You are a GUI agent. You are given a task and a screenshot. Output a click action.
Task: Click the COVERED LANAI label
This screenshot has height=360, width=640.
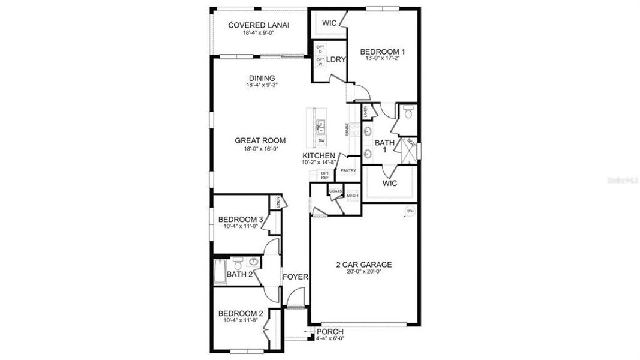pos(259,25)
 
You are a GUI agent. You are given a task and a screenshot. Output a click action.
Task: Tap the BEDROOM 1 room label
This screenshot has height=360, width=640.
pos(380,52)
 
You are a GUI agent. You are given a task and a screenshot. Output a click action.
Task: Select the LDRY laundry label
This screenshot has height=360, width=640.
pos(336,59)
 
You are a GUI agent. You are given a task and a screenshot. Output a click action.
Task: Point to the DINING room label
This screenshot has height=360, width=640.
pos(262,78)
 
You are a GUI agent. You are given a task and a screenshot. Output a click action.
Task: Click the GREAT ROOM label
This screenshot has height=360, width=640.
pos(260,140)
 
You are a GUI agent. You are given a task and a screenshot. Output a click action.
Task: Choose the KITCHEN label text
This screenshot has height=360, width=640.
pos(319,156)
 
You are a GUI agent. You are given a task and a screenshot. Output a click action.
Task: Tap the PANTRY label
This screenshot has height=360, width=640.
pos(348,170)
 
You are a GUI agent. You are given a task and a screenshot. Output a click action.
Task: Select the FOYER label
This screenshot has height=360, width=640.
pos(295,277)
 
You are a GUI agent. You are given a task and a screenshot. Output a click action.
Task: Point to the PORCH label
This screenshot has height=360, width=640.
pos(330,331)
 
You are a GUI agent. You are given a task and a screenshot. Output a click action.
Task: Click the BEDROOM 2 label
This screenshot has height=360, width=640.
pos(240,313)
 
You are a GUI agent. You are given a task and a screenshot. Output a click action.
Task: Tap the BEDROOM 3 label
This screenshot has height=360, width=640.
pos(240,219)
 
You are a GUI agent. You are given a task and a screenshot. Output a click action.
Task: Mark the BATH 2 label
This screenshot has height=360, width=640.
pos(239,275)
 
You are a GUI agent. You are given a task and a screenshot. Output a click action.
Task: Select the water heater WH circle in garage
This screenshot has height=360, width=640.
pos(410,211)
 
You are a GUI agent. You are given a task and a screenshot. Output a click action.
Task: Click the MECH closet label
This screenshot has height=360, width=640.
pos(352,196)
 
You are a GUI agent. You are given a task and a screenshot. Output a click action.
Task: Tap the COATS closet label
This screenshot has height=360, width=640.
pos(335,191)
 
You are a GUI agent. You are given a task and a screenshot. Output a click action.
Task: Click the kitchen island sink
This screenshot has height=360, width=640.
pos(321,127)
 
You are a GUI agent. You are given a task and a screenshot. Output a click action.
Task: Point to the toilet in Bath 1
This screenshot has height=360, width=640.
pos(408,112)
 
